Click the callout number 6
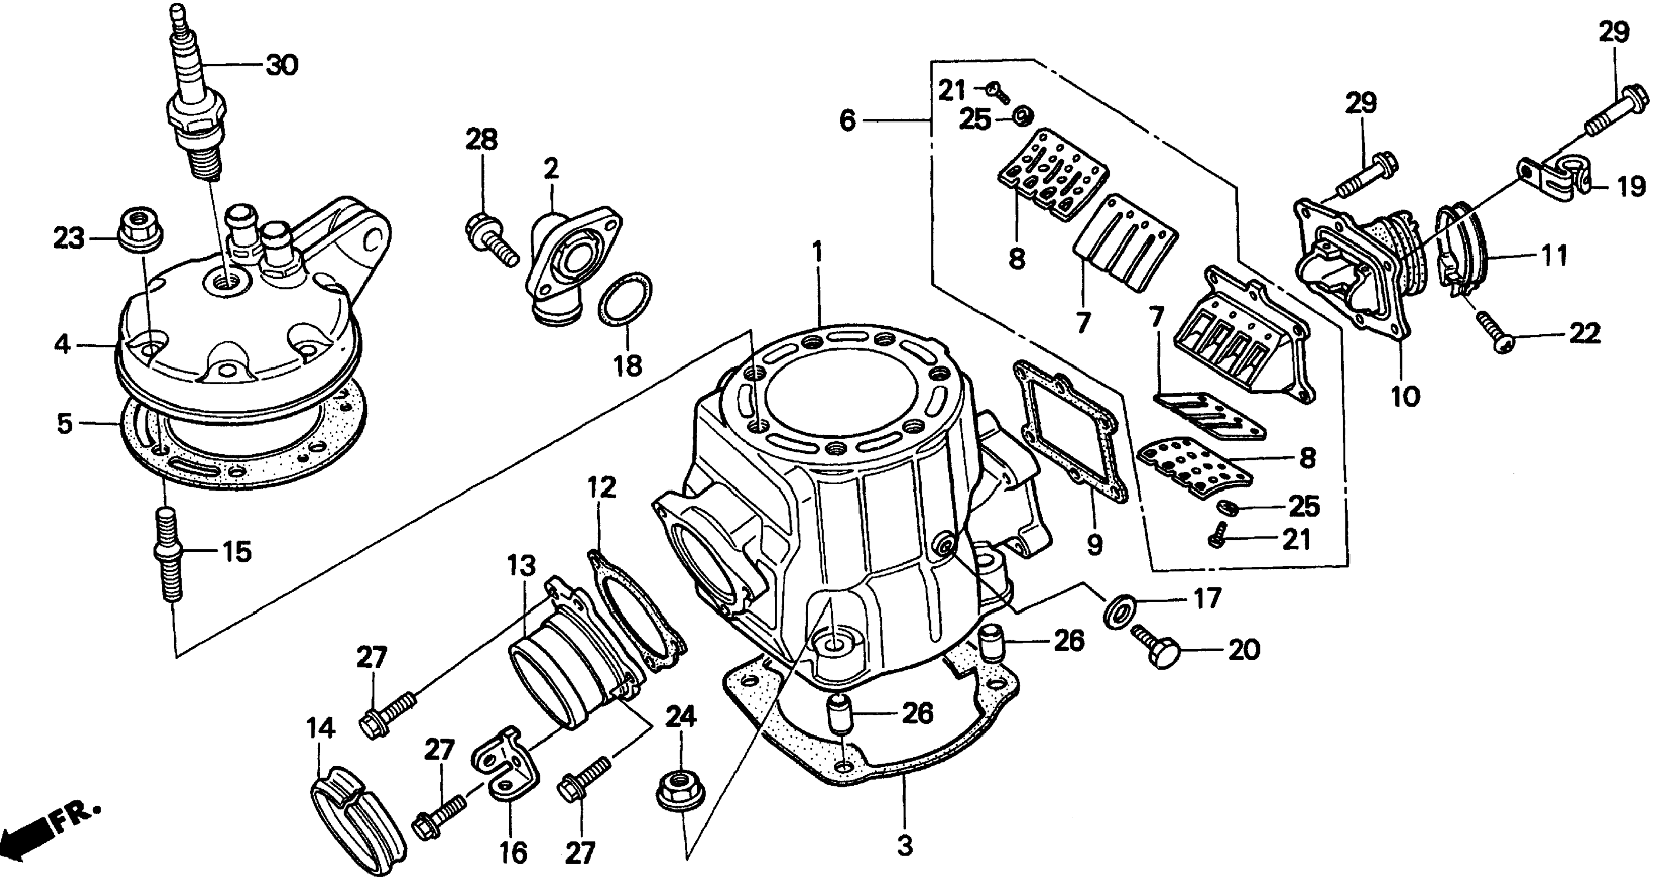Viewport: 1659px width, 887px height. [847, 120]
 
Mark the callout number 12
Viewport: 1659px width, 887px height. [602, 488]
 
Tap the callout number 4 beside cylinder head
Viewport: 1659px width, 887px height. [62, 345]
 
